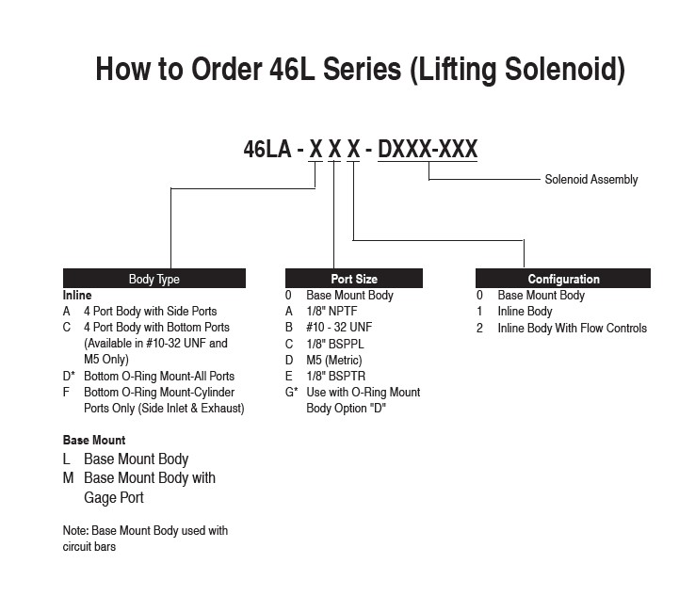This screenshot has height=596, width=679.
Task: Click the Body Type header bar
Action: [154, 279]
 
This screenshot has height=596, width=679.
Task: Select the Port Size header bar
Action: [354, 279]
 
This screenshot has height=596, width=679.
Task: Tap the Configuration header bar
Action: [563, 279]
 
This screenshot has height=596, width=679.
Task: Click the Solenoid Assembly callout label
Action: [591, 179]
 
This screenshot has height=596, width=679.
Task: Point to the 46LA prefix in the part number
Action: [267, 149]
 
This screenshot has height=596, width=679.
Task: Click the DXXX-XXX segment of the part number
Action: [428, 149]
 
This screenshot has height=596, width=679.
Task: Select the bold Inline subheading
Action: [77, 296]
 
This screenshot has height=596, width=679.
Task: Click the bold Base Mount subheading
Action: [94, 441]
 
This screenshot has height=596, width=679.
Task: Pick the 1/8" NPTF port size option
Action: [331, 312]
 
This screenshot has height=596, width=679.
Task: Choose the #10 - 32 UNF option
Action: [339, 328]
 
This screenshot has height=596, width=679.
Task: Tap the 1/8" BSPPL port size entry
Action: [335, 344]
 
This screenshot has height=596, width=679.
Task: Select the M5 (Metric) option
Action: [334, 360]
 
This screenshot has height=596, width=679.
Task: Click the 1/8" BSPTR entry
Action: [335, 376]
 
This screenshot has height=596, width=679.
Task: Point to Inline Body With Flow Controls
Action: [572, 328]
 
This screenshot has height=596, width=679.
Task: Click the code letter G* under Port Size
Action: [291, 392]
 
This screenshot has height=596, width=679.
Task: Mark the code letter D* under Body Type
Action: [69, 376]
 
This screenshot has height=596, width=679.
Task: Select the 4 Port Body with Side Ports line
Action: [151, 312]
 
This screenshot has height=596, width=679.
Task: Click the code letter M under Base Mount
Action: [69, 478]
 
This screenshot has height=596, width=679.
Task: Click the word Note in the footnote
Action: [75, 531]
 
